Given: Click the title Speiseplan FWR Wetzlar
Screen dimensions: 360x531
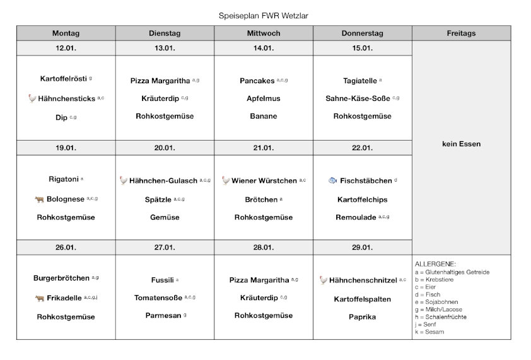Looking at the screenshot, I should pos(264,15).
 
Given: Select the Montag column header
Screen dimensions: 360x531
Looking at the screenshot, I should pos(66,33).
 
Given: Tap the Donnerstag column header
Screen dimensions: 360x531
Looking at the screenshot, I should pos(363,33).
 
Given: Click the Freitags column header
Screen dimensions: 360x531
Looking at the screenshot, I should pos(461,33).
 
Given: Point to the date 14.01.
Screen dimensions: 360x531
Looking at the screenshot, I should pos(264,49).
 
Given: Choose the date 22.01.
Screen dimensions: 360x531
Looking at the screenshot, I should pos(363,148).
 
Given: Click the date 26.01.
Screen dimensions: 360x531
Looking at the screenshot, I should pos(66,247).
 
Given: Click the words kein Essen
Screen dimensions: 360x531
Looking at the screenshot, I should pos(461,144).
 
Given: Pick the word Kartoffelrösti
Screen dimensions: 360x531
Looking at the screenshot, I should pos(63,79).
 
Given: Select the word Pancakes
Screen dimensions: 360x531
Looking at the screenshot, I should pos(257,81).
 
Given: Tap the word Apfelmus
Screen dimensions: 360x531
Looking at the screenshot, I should pos(264,98).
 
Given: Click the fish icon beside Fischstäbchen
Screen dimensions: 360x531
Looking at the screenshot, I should pos(333,180).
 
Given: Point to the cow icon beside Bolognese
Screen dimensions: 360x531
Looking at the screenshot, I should pos(39,199).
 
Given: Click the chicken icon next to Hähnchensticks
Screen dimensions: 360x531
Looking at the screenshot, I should pos(32,98).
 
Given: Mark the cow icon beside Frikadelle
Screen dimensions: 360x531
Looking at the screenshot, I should pos(39,298).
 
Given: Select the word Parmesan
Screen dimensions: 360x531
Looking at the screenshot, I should pos(163,315).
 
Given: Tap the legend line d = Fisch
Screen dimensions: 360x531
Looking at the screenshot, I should pos(428,294).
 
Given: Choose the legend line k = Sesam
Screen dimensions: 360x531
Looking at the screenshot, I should pos(429,332).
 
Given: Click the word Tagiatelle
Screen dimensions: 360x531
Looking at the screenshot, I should pos(360,81).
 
